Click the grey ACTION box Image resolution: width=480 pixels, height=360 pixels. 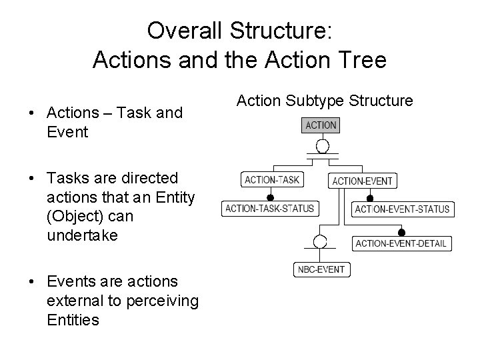(x=321, y=125)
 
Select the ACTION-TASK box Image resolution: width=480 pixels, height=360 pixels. (x=272, y=179)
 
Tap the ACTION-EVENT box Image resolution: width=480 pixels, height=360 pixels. (x=362, y=181)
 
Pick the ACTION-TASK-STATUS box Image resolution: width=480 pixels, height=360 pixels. (x=269, y=209)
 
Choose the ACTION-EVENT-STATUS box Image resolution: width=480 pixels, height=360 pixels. (x=402, y=209)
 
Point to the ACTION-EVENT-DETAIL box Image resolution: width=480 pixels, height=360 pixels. (x=400, y=243)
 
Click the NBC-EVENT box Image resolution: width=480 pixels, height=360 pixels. (x=321, y=269)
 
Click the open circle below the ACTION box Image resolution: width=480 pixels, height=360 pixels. (x=322, y=146)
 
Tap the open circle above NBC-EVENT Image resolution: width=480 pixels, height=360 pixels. (x=321, y=241)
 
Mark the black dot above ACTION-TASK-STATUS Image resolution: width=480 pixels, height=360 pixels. (x=271, y=198)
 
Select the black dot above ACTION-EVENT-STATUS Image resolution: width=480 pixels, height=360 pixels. (x=369, y=199)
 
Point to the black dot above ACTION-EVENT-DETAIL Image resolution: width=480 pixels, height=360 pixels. (x=401, y=233)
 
